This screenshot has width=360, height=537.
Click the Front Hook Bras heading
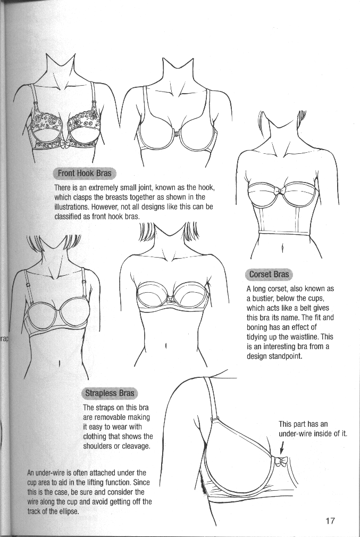coord(85,173)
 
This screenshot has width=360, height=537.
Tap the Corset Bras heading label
coord(269,274)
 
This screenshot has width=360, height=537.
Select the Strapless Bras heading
coord(110,393)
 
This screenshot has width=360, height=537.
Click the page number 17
coord(330,521)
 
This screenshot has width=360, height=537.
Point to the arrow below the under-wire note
coord(282,447)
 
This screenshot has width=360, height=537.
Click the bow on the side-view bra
coord(281,462)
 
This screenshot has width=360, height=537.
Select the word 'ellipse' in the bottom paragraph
coord(70,511)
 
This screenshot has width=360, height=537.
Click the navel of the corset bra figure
coord(282,248)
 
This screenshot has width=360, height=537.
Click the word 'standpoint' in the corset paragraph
coord(286,356)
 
